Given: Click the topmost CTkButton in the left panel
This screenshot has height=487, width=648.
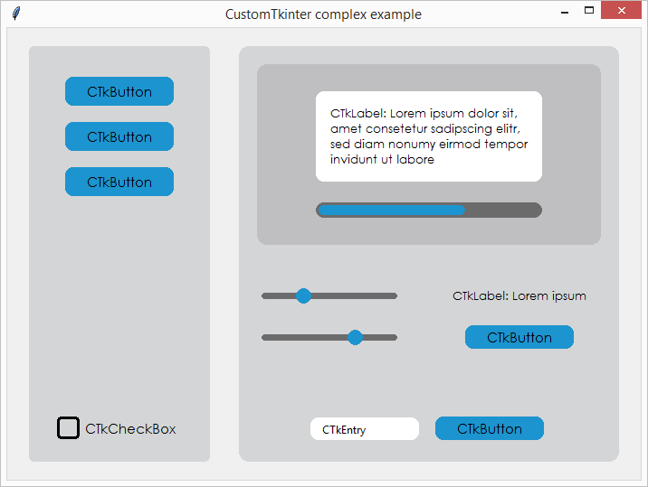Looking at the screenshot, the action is point(119,91).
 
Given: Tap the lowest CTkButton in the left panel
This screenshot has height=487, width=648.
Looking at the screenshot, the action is point(119,182).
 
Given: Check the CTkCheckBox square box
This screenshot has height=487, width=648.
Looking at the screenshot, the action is point(68,428).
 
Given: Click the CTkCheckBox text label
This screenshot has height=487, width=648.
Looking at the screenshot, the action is point(130,429).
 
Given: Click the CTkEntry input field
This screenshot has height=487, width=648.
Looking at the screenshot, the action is point(365,429).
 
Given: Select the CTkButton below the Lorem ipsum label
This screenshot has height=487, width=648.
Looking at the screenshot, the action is point(519,337).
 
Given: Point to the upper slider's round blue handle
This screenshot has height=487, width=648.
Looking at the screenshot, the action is point(303,296).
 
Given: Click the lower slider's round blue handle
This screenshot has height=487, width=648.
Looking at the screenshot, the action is point(355,337).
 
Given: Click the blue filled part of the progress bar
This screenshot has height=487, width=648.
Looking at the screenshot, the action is point(392,211).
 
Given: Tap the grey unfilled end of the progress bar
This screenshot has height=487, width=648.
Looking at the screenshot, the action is point(503,211).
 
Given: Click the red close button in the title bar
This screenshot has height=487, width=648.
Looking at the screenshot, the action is point(621,10).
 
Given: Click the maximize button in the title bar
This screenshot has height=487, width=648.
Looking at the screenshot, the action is point(589,10).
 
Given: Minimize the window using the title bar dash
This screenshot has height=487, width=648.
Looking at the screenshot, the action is point(565,13).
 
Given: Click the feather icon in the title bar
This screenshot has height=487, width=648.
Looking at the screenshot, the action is point(16,14).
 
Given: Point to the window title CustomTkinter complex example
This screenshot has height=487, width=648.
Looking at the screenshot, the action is point(323,14).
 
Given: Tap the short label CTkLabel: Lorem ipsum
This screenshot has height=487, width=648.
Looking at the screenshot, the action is point(519,296).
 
